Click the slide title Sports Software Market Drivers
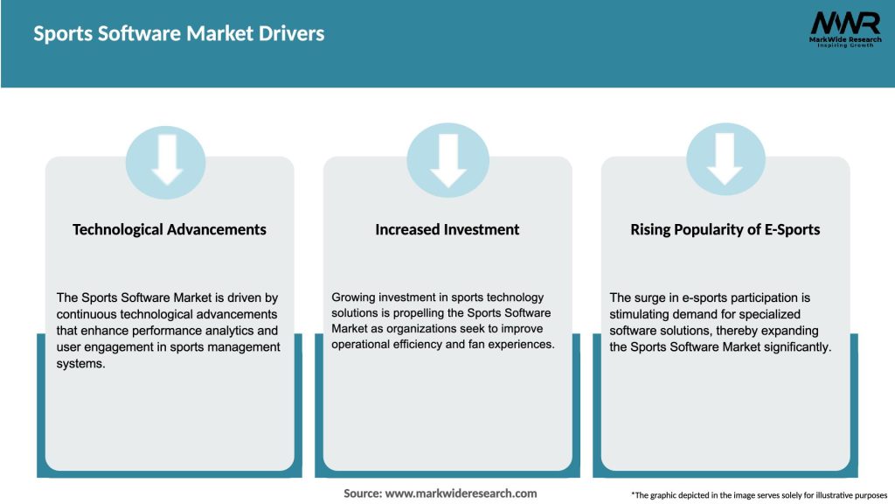(178, 34)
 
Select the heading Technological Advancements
(170, 229)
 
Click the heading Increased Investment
(447, 229)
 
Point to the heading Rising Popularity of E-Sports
(725, 229)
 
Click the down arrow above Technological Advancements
(166, 159)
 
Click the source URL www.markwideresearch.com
(461, 493)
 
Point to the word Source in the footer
(362, 493)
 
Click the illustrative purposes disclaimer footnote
(759, 495)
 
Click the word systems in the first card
(80, 363)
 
